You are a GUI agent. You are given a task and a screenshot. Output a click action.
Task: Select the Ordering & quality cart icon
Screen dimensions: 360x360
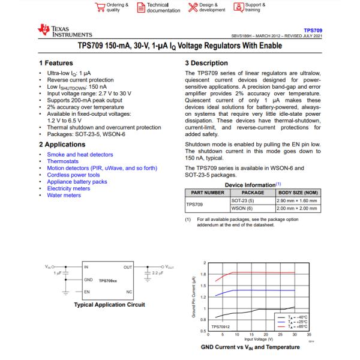(x=100, y=7)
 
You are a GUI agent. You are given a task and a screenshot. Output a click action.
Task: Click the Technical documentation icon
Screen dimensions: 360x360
(x=141, y=7)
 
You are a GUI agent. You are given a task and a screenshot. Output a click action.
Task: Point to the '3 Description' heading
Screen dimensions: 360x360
(x=206, y=62)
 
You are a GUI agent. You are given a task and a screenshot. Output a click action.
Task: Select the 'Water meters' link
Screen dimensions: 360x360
(x=64, y=195)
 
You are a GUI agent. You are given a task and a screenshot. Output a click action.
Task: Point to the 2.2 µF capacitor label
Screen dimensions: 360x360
(x=158, y=273)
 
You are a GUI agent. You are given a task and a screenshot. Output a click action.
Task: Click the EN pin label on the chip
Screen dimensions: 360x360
(x=86, y=292)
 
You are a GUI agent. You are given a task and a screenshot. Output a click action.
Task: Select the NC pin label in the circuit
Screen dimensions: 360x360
(x=129, y=292)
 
